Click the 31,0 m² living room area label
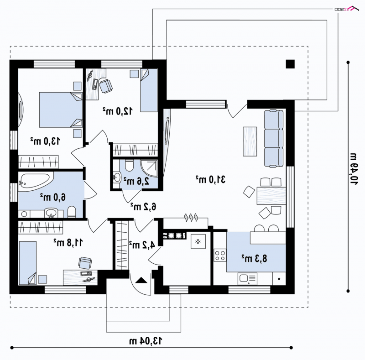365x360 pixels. coord(210,179)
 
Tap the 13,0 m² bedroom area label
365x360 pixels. coord(45,141)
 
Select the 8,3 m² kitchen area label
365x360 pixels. coord(254,258)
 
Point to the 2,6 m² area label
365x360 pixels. coord(136,181)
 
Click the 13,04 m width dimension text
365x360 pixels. coord(146,341)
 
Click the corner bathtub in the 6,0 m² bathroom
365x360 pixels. coord(36,182)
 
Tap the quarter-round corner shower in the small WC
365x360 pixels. coord(149,168)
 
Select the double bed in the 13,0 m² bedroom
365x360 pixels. coord(61,110)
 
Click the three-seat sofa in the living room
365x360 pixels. coord(274,139)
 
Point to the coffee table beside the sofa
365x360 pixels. coord(250,141)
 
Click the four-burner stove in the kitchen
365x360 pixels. coord(220,255)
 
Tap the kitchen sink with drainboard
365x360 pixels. coord(247,279)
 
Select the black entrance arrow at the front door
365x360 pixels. coord(141,280)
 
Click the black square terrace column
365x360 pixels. coord(290,64)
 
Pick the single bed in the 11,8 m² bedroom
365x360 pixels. coord(28,263)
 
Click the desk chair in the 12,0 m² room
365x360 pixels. coord(106,86)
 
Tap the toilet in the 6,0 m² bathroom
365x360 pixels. coord(72,212)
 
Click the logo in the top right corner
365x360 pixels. coord(347,9)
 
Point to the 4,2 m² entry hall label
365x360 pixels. coord(142,245)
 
